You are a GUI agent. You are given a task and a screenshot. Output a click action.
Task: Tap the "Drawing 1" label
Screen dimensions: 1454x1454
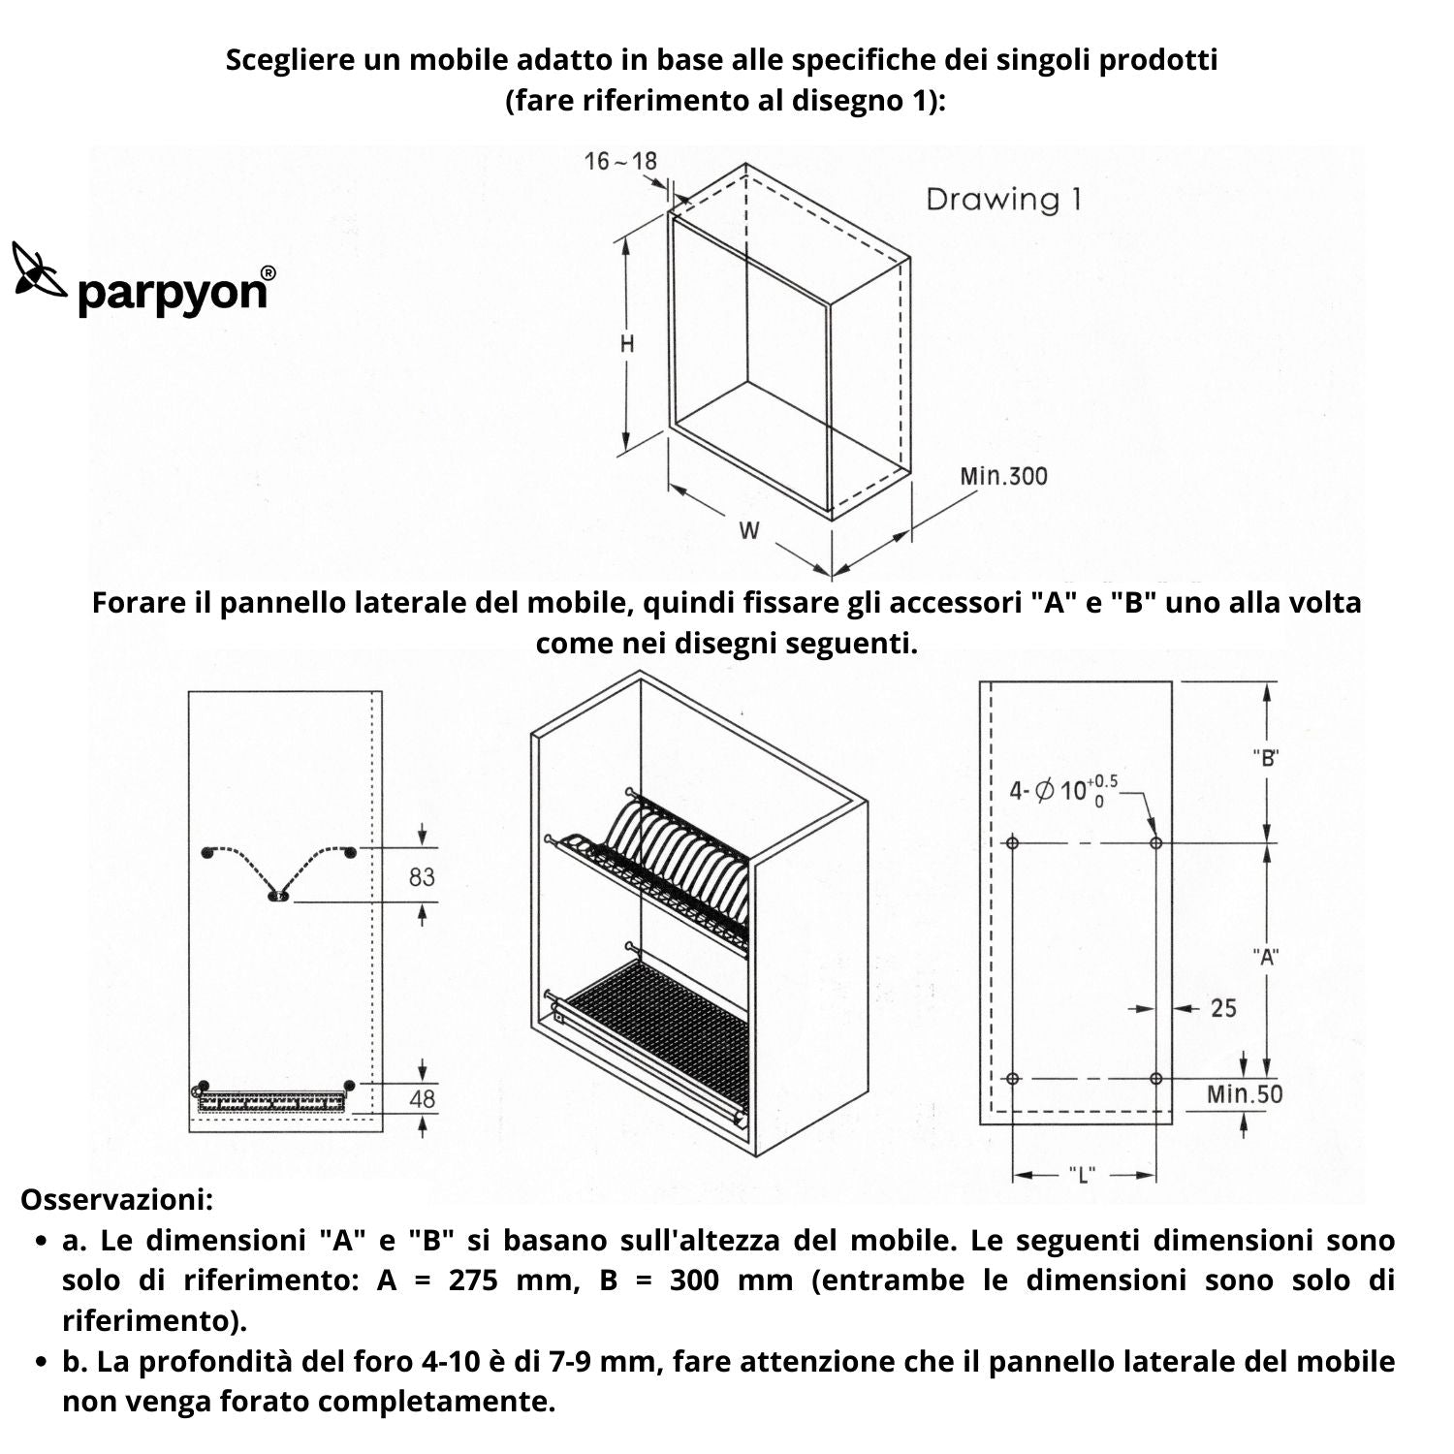[x=1002, y=200]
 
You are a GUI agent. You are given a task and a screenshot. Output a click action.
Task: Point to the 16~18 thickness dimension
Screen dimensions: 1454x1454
[x=620, y=161]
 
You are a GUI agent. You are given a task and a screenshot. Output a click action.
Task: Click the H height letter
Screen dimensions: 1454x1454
[x=627, y=344]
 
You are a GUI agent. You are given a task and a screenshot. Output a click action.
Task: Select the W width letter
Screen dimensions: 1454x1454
[x=748, y=530]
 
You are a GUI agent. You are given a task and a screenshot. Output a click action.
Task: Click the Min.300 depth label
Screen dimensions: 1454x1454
[x=1003, y=476]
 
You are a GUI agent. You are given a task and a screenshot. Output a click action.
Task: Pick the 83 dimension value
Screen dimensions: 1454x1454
[x=422, y=877]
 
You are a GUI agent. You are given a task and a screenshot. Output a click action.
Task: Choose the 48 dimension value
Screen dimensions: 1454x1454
[x=422, y=1099]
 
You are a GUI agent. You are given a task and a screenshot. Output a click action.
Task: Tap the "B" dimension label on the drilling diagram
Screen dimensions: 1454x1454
[x=1266, y=758]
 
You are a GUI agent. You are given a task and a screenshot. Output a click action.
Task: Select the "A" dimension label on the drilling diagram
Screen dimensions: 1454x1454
[x=1266, y=958]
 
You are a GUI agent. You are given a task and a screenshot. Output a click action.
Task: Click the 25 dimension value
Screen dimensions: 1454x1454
[x=1223, y=1008]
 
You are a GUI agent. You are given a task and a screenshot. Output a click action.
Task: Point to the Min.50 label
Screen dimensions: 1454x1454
[x=1244, y=1094]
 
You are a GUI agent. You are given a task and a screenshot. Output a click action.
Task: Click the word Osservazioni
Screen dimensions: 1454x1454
[x=116, y=1199]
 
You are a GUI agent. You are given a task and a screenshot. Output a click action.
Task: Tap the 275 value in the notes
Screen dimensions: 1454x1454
[x=473, y=1280]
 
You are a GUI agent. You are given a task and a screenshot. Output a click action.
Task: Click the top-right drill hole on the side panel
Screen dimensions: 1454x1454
[x=1155, y=843]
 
